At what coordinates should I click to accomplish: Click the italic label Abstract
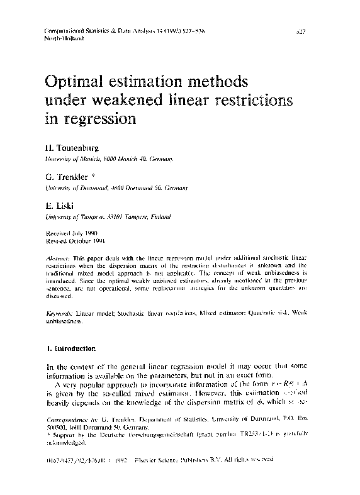pos(59,259)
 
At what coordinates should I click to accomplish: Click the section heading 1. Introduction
pos(67,348)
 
